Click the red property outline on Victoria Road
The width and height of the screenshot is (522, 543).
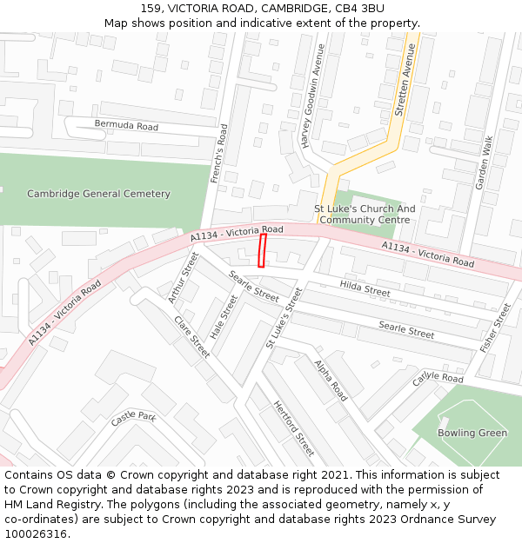tap(262, 250)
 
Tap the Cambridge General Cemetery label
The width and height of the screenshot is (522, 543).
tap(98, 194)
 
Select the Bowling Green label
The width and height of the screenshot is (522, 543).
tap(472, 433)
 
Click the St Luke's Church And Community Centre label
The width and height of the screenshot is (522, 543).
tap(365, 215)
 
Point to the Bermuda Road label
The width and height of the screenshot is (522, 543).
tap(126, 126)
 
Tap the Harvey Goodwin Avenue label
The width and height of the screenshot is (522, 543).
tap(312, 96)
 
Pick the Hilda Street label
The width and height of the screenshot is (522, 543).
tap(365, 288)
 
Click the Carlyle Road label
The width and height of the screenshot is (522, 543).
tap(438, 378)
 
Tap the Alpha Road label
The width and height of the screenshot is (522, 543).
tap(331, 380)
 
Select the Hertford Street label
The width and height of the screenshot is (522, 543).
tap(294, 428)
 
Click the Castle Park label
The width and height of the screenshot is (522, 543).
tap(132, 419)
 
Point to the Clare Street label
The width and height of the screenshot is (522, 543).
tap(191, 336)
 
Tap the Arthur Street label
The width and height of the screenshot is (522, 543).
tap(184, 276)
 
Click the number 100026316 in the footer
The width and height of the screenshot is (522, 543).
tap(36, 534)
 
